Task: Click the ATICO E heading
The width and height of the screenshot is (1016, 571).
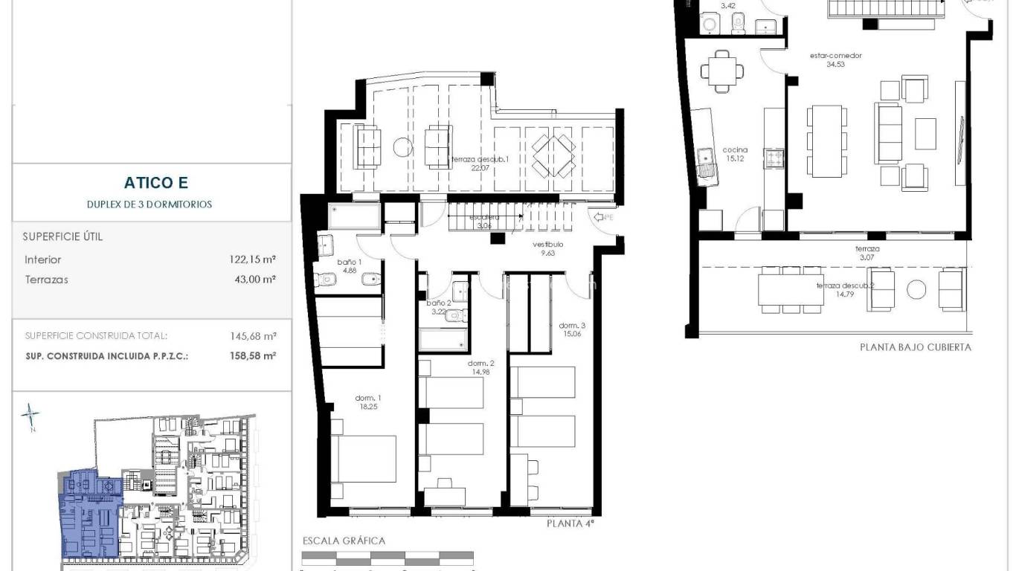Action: point(152,183)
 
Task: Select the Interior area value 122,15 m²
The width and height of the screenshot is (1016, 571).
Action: point(253,260)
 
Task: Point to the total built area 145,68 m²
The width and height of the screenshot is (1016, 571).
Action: point(253,336)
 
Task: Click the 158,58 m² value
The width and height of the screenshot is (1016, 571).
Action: point(253,356)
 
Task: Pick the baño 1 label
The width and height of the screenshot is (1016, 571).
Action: point(349,266)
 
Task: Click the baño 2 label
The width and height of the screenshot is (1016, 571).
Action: point(439,307)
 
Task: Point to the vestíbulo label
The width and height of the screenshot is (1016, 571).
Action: point(547,248)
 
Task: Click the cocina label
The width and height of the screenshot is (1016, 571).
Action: point(735,154)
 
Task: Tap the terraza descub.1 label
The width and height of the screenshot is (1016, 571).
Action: point(480,163)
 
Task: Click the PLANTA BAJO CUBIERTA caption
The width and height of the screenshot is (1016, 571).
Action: point(915,347)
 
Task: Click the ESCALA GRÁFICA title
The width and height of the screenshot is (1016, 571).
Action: point(344,541)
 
